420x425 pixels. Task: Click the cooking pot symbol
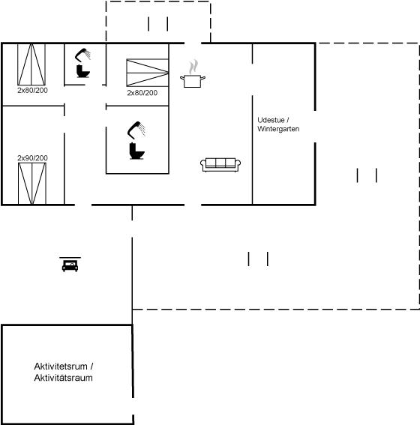[193, 81]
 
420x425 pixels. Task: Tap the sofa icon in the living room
[220, 165]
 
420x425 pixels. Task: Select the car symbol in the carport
[70, 266]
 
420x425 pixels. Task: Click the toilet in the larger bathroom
[136, 151]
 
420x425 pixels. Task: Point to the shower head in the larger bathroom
[136, 130]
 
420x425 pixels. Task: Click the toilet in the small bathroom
[82, 71]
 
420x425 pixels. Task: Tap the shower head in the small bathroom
[82, 55]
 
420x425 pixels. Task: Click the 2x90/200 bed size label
[32, 158]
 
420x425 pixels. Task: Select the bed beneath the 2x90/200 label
[32, 184]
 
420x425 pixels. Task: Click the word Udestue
[271, 120]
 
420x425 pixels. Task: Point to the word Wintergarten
[278, 129]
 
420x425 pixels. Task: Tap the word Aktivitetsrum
[61, 367]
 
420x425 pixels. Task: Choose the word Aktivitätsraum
[64, 378]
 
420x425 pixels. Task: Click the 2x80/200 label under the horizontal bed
[142, 93]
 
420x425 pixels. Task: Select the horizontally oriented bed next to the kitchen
[148, 73]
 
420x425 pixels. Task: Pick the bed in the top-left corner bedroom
[31, 64]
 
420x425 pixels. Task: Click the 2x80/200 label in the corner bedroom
[32, 90]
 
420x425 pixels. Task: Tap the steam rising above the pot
[193, 67]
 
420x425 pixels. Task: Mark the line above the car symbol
[70, 258]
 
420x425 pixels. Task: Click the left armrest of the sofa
[203, 164]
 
